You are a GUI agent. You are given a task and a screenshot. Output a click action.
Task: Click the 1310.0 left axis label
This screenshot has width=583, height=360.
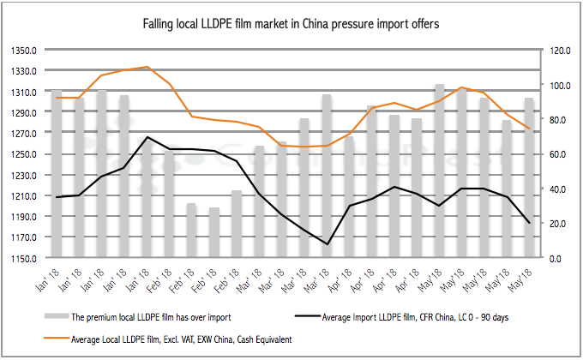20,92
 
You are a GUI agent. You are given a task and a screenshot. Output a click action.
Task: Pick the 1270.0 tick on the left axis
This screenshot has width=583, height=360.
20,133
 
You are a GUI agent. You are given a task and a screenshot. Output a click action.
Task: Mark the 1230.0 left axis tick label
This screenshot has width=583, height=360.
20,175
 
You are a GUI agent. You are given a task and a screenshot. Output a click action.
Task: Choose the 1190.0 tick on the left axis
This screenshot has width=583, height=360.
20,217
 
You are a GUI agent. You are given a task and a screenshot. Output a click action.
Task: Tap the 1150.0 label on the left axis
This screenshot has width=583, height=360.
20,258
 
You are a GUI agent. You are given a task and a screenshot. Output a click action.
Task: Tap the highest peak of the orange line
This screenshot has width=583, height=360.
148,67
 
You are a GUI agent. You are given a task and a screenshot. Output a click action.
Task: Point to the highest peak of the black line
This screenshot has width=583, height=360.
148,137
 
